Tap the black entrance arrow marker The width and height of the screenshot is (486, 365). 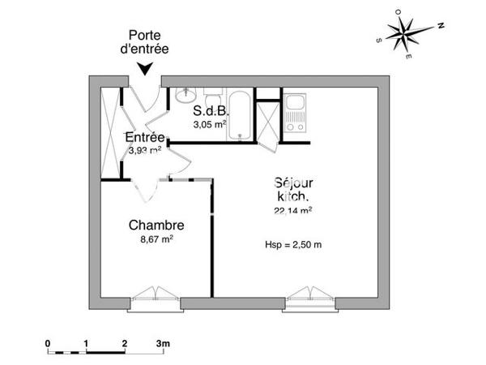(145, 70)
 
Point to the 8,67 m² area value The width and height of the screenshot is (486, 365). (157, 239)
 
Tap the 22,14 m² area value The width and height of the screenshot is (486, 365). (293, 210)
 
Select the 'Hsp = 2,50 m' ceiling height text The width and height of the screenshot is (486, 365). (293, 244)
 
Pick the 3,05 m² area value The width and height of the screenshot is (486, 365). (209, 125)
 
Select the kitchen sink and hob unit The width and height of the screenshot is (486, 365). (295, 114)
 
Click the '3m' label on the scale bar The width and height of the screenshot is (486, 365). (163, 343)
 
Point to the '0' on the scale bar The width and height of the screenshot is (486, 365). (49, 343)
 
